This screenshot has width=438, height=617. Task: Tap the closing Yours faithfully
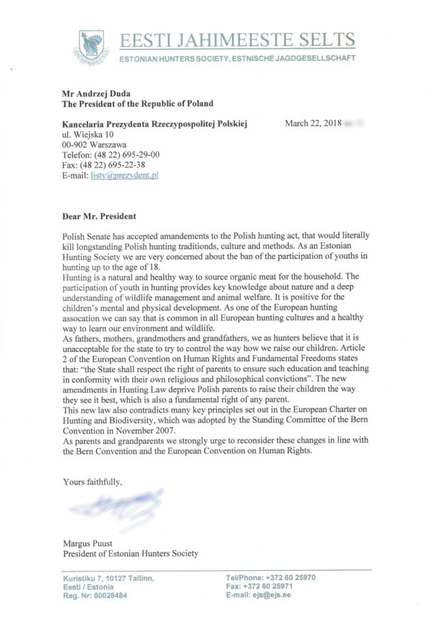pos(93,482)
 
